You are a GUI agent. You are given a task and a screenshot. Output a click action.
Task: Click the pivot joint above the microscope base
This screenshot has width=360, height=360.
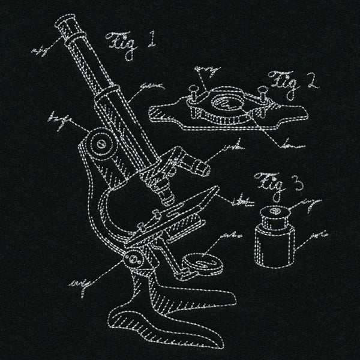tap(133, 259)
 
